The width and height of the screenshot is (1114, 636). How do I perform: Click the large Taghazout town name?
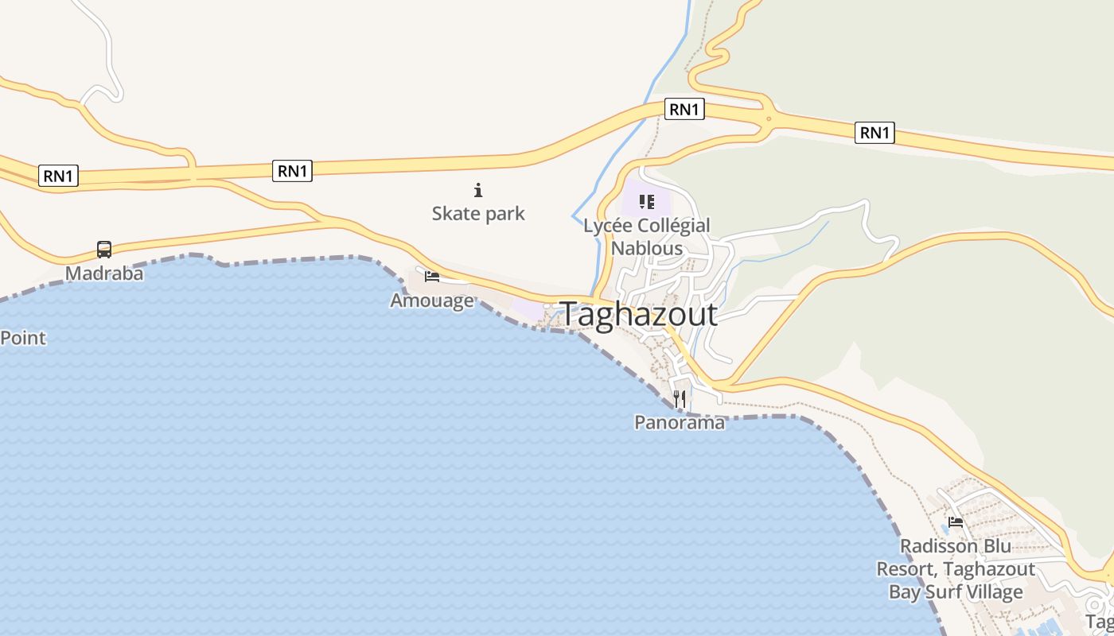click(639, 314)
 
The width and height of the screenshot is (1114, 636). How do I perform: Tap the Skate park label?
click(478, 213)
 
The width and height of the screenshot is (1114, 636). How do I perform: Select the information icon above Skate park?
click(478, 190)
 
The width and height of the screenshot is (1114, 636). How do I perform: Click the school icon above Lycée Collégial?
click(646, 202)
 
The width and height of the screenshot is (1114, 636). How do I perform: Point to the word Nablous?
click(646, 248)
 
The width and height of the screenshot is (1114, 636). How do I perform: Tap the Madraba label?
click(104, 273)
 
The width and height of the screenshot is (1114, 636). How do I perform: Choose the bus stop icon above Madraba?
click(104, 250)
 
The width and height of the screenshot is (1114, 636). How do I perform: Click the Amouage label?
click(432, 301)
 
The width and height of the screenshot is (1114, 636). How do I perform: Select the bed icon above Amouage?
click(432, 277)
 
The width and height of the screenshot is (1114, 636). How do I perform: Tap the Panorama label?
click(680, 422)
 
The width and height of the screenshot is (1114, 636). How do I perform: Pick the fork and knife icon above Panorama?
click(680, 398)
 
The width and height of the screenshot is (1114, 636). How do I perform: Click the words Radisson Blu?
click(956, 546)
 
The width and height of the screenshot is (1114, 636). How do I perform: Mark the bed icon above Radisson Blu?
click(956, 522)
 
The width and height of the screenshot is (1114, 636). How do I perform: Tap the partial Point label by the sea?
click(23, 338)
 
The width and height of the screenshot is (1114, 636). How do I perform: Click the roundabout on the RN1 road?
click(769, 119)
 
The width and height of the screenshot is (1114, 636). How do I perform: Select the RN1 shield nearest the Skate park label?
click(292, 170)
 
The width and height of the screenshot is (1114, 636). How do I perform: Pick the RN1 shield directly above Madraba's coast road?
click(59, 176)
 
